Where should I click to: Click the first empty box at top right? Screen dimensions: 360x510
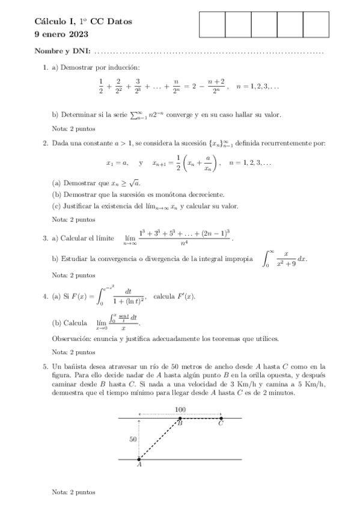click(212, 25)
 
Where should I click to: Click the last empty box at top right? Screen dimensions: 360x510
click(316, 25)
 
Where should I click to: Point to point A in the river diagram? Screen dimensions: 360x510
click(139, 460)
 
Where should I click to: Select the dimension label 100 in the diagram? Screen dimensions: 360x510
click(180, 410)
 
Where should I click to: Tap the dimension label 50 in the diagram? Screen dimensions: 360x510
click(133, 440)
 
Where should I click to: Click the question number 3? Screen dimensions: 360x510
click(45, 238)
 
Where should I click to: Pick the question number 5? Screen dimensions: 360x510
click(45, 366)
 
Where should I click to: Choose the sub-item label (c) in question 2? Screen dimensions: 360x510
click(57, 206)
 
